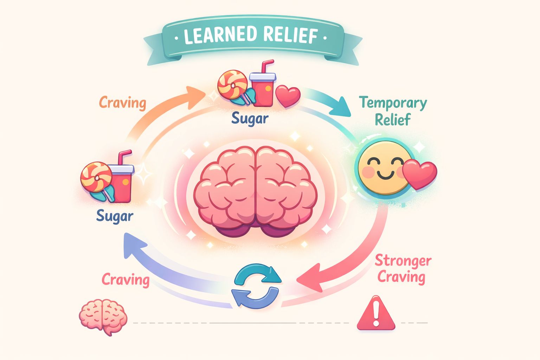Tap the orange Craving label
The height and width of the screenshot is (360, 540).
point(122,103)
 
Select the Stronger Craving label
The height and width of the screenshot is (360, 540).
point(403,269)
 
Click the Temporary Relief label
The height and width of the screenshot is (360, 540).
point(393,111)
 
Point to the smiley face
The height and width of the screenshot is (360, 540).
point(384,168)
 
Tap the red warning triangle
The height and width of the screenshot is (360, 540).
point(376,314)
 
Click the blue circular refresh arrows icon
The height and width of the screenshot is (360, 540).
point(256,286)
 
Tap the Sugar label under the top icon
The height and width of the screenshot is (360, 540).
point(250,118)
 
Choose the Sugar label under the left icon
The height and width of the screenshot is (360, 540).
point(115,216)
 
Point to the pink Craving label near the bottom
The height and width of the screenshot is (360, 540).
point(126,280)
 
